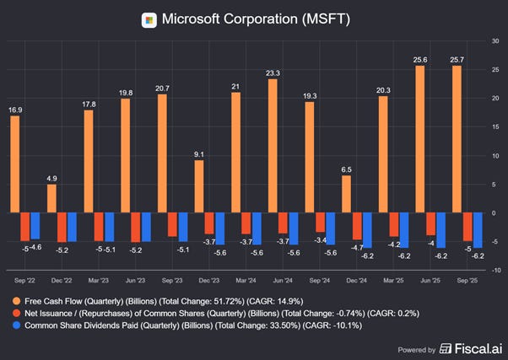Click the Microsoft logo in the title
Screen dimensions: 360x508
point(149,19)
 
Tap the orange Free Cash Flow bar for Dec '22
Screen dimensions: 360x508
point(51,200)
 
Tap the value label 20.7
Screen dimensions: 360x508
point(162,89)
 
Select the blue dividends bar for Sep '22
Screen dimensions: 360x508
point(35,228)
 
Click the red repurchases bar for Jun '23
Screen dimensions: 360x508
point(136,229)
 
